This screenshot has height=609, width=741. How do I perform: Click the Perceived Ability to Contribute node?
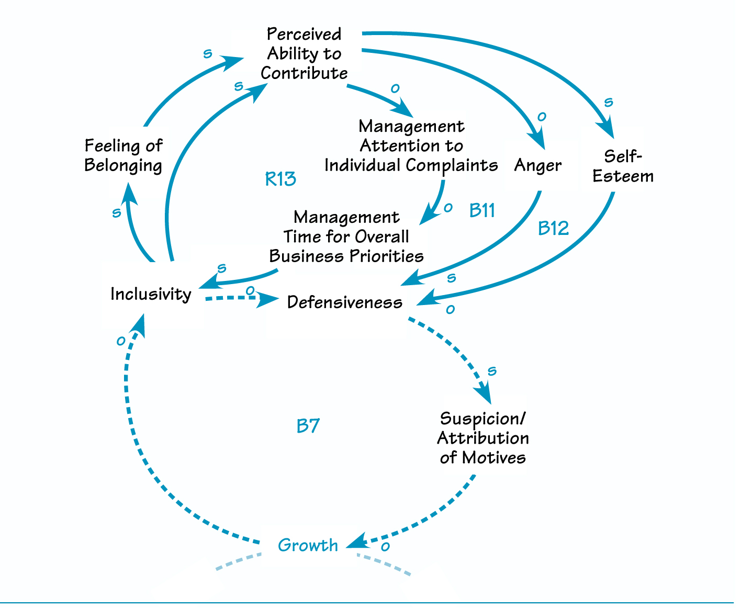304,54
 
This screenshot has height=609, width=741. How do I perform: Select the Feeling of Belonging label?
124,155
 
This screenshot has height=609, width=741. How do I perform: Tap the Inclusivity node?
151,294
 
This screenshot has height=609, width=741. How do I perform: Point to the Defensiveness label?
345,302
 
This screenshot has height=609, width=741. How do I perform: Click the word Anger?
537,165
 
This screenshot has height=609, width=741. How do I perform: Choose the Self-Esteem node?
623,166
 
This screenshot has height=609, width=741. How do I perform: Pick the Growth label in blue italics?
308,545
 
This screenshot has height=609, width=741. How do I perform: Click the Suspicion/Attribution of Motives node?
482,438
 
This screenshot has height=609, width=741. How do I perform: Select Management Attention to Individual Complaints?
411,146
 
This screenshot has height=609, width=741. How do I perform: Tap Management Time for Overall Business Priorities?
346,237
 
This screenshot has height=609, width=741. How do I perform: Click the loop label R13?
280,179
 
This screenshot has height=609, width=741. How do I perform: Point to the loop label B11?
482,210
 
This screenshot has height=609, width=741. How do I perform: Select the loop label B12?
553,229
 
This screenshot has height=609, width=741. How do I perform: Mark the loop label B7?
308,426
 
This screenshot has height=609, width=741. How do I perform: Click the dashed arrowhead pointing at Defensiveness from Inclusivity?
271,300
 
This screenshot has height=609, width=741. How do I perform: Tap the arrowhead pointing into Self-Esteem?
607,130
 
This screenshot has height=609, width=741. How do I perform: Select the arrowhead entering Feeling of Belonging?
128,192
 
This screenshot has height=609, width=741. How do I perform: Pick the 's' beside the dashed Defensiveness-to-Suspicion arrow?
491,371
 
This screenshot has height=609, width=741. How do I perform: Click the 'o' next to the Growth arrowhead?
385,547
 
